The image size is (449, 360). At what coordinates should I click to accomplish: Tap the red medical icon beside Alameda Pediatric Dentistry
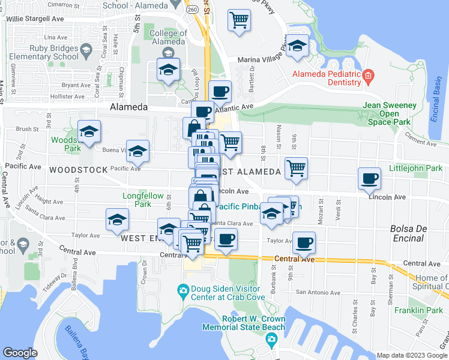369,75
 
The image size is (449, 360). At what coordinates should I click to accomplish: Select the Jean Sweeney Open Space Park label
390,113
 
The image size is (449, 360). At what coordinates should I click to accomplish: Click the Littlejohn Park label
416,169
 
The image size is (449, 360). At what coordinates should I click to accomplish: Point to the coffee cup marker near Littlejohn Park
369,178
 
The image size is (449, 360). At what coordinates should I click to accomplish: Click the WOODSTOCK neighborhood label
79,170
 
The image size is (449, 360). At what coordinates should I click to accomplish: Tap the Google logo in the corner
20,352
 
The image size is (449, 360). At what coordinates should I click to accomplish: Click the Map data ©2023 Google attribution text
412,355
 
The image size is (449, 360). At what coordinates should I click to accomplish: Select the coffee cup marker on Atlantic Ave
220,91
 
